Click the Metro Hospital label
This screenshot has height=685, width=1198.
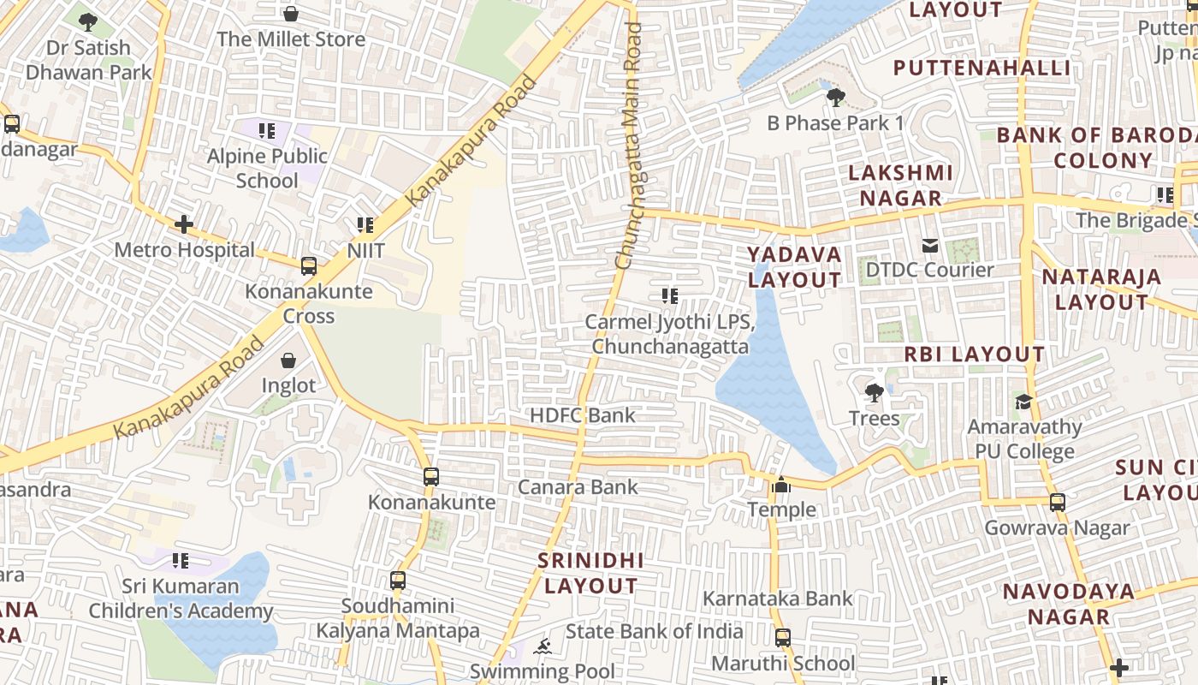(185, 250)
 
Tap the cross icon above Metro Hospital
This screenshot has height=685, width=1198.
(184, 224)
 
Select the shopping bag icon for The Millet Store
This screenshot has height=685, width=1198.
(291, 14)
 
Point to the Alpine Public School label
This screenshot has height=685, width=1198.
(268, 168)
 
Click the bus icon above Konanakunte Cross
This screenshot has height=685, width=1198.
(309, 265)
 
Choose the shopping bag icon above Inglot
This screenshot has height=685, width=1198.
(288, 360)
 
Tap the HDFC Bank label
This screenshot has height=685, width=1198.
(583, 415)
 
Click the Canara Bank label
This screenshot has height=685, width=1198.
(578, 487)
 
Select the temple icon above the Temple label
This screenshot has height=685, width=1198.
(781, 485)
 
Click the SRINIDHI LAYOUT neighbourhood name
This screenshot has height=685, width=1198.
(590, 573)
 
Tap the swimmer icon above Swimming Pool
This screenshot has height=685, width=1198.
(543, 646)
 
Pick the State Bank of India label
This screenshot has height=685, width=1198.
(654, 631)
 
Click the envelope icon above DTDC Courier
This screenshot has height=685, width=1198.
(930, 246)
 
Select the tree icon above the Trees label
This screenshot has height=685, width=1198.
(874, 393)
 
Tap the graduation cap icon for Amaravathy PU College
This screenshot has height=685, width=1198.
(1023, 402)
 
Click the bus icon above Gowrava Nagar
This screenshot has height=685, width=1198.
(1058, 503)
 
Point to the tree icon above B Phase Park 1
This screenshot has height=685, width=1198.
(835, 98)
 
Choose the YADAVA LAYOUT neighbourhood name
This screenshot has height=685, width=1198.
(795, 267)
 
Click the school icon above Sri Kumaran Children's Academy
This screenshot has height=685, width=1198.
(181, 561)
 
